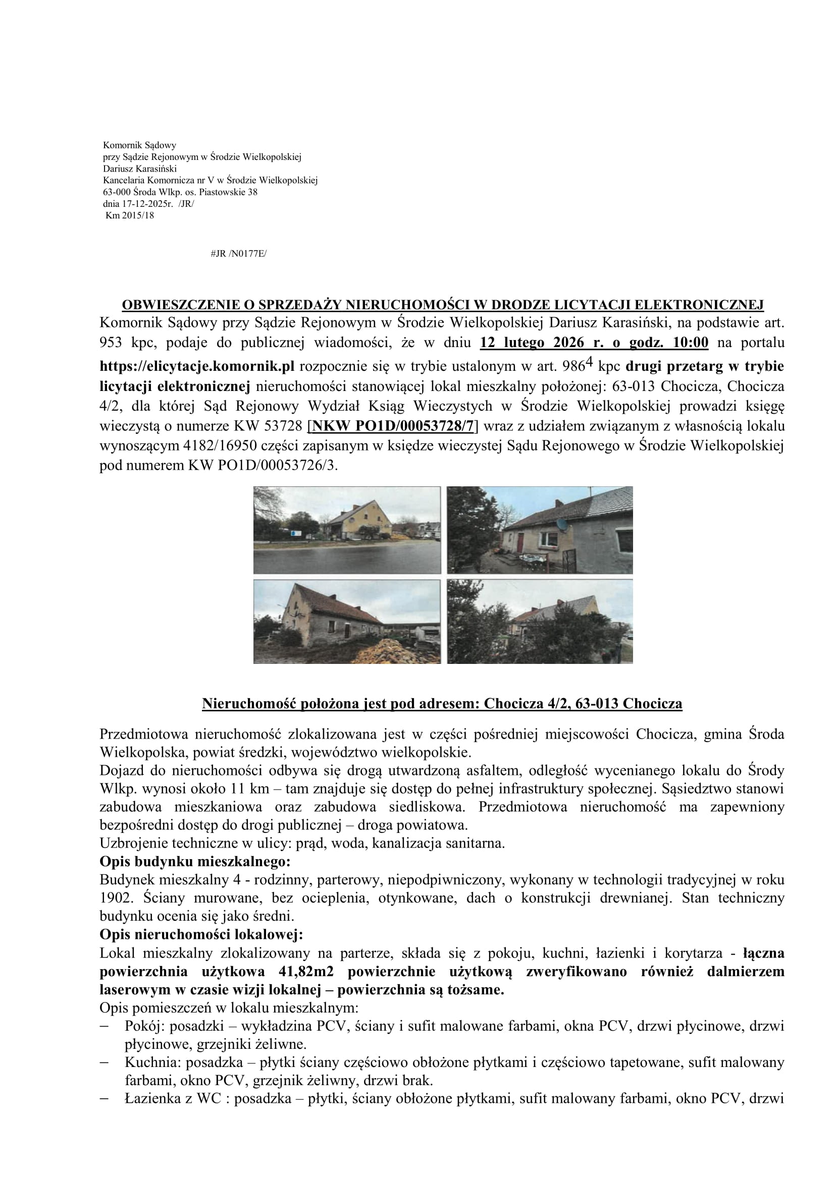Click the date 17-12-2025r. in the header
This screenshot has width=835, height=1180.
tap(138, 204)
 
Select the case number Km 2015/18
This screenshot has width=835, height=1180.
tap(130, 216)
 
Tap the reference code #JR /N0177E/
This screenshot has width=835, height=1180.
tap(239, 254)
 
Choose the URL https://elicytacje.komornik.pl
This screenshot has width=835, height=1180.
tap(197, 366)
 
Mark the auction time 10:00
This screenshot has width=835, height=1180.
tap(690, 343)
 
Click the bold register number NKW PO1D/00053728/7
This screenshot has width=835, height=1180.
tap(393, 426)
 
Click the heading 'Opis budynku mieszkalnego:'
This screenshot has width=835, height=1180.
tap(195, 861)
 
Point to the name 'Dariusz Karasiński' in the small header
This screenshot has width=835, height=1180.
tap(140, 168)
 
